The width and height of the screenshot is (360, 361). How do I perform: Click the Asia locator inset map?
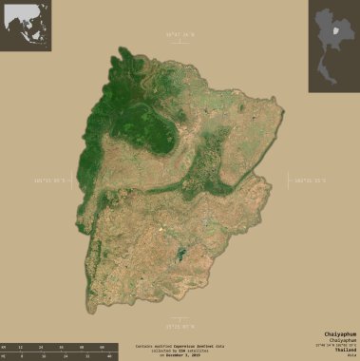click(x=26, y=26)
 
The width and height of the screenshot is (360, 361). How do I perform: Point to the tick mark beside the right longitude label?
click(x=292, y=179)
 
